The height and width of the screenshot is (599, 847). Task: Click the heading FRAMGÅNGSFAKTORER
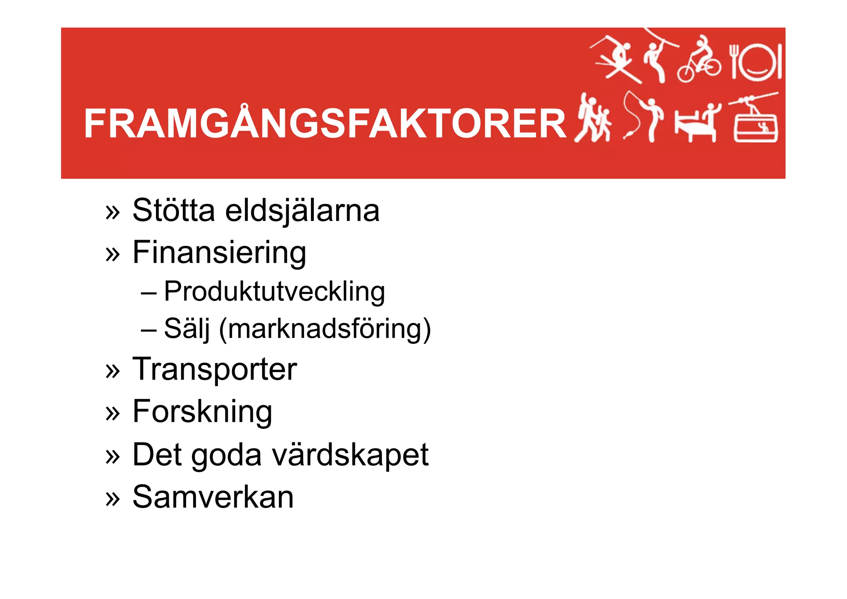[x=325, y=124]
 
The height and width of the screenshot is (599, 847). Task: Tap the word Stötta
[x=174, y=210]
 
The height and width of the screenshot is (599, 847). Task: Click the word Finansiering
[x=219, y=253]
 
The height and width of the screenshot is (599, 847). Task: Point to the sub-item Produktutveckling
[x=274, y=292]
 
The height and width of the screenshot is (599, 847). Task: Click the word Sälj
[x=187, y=329]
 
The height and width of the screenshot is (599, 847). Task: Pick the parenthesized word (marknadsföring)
[x=325, y=329]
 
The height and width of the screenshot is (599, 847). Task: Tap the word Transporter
[x=215, y=369]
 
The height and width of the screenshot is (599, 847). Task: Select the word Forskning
[x=202, y=412]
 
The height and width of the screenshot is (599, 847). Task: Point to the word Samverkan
[x=213, y=497]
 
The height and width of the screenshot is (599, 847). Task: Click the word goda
[x=226, y=455]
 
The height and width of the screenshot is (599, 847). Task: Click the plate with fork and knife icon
[x=755, y=62]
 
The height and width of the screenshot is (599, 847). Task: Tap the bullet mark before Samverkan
[x=112, y=498]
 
